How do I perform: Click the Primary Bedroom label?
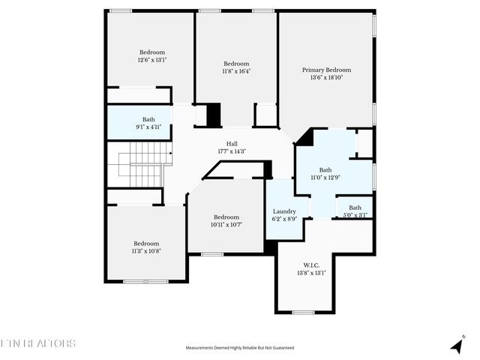click(x=326, y=70)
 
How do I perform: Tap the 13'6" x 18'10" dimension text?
click(x=326, y=77)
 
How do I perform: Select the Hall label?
click(x=232, y=144)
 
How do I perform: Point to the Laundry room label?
click(x=283, y=211)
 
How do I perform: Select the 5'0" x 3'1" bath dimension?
click(x=355, y=215)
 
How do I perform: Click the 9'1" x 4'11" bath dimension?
click(x=148, y=127)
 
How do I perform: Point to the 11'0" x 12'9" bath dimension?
click(x=325, y=178)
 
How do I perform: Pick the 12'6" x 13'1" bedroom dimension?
click(x=151, y=60)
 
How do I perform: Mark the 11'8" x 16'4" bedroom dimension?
click(x=236, y=71)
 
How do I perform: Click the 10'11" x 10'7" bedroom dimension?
click(x=226, y=225)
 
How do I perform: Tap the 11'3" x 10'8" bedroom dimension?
click(x=146, y=251)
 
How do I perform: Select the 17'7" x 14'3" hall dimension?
click(x=232, y=151)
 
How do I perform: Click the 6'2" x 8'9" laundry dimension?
click(x=283, y=220)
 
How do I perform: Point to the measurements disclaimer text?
click(x=240, y=348)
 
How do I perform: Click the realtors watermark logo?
click(x=39, y=343)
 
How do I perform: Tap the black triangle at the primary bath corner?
click(x=304, y=137)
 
